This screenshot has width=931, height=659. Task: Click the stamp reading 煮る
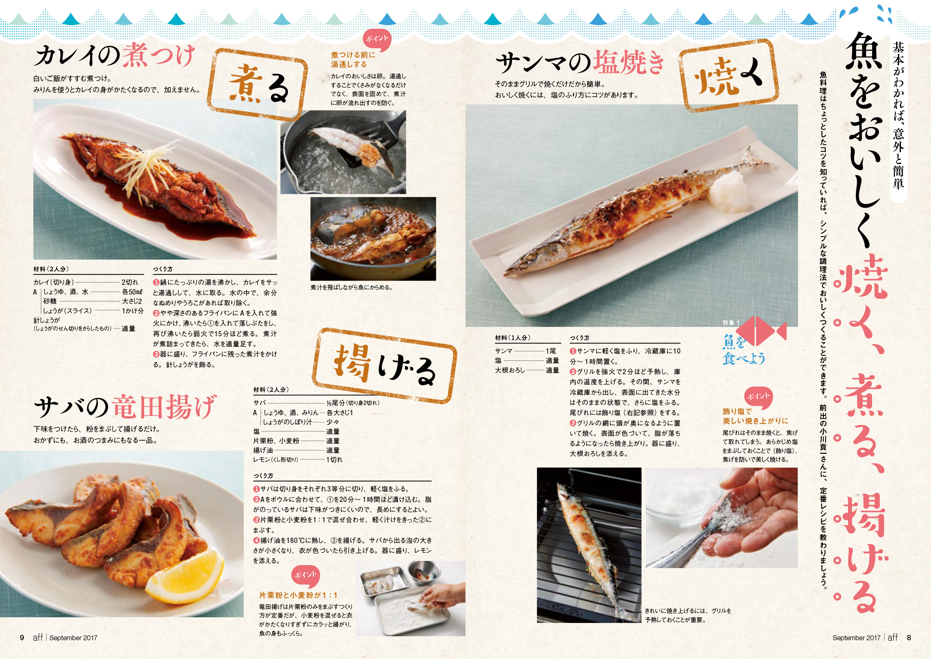click(x=258, y=85)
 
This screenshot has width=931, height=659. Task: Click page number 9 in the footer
click(x=22, y=638)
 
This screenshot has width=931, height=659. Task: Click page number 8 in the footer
click(x=909, y=638)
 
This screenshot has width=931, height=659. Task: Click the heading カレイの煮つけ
click(x=114, y=56)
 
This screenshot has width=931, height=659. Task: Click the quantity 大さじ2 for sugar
click(x=132, y=301)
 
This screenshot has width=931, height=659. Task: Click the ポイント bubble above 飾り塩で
click(x=758, y=397)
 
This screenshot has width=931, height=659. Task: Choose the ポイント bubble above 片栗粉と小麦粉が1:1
click(x=305, y=576)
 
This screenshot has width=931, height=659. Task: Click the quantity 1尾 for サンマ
click(x=551, y=351)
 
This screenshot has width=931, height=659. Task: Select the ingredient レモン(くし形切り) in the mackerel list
click(x=276, y=460)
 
